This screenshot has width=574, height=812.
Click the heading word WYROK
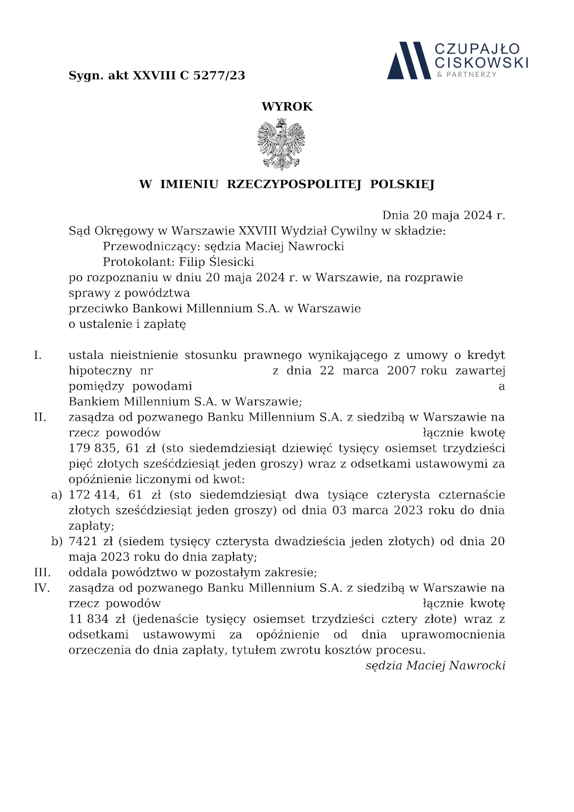click(287, 107)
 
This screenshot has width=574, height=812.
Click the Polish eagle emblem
click(281, 144)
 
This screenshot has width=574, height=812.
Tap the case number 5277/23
click(219, 75)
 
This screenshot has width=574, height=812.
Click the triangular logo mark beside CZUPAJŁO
click(409, 60)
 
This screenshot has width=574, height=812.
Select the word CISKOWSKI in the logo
click(481, 62)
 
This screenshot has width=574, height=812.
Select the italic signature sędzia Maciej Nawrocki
click(435, 665)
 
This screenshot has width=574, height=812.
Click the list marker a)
click(57, 495)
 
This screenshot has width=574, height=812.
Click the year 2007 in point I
click(401, 371)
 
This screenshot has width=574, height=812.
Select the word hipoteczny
click(100, 371)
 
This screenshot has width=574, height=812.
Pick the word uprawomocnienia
click(453, 635)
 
